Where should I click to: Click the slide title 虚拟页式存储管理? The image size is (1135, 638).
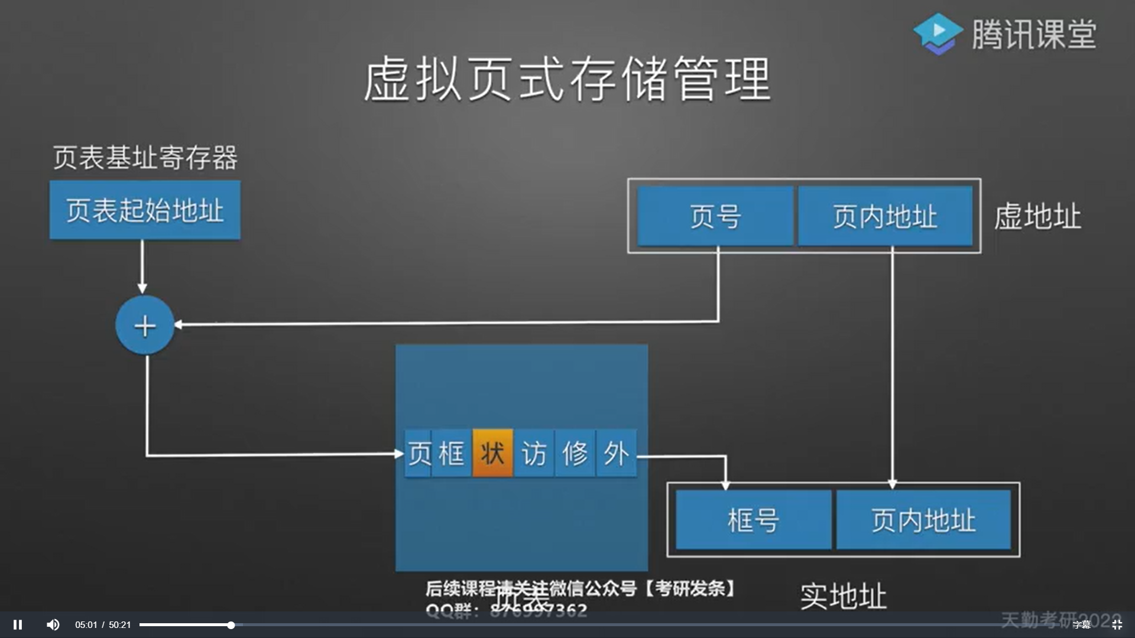click(x=567, y=79)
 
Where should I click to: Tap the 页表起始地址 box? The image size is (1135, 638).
click(x=145, y=210)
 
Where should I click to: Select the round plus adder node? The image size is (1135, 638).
click(x=145, y=325)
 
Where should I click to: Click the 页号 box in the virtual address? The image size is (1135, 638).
click(x=715, y=216)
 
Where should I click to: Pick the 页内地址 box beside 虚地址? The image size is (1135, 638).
click(x=885, y=216)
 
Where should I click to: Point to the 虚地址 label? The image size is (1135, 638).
click(x=1037, y=216)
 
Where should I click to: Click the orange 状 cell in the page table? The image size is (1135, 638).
click(x=492, y=454)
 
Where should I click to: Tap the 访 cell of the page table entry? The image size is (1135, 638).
click(x=534, y=454)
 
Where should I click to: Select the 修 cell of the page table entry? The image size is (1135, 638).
click(x=575, y=454)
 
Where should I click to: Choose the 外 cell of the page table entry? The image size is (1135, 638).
click(x=617, y=454)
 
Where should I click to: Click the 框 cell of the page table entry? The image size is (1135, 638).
click(x=452, y=454)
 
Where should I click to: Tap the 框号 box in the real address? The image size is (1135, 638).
click(x=753, y=520)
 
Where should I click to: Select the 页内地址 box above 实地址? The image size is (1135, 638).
click(x=923, y=520)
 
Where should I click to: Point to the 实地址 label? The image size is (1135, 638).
click(x=844, y=596)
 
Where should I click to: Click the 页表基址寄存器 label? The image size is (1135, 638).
click(x=145, y=158)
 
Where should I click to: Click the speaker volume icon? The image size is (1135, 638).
click(x=53, y=624)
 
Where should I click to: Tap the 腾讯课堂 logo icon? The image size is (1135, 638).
click(x=938, y=34)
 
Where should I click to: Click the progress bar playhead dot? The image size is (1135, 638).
click(x=231, y=624)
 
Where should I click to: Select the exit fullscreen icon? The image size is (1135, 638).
click(x=1117, y=624)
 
